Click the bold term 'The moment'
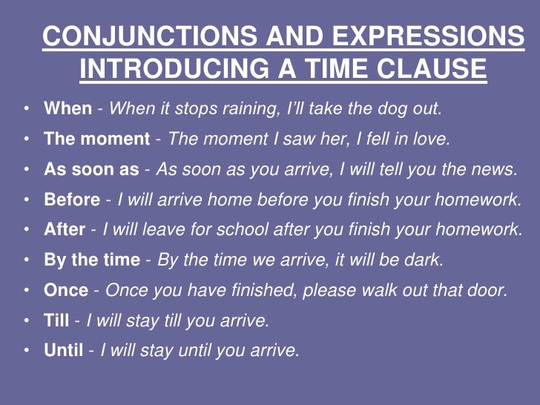96,139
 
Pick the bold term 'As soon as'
91,169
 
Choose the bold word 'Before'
72,200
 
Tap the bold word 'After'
65,230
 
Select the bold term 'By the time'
92,260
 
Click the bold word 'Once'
66,290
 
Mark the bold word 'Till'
56,320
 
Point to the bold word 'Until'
64,351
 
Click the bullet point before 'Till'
27,320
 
